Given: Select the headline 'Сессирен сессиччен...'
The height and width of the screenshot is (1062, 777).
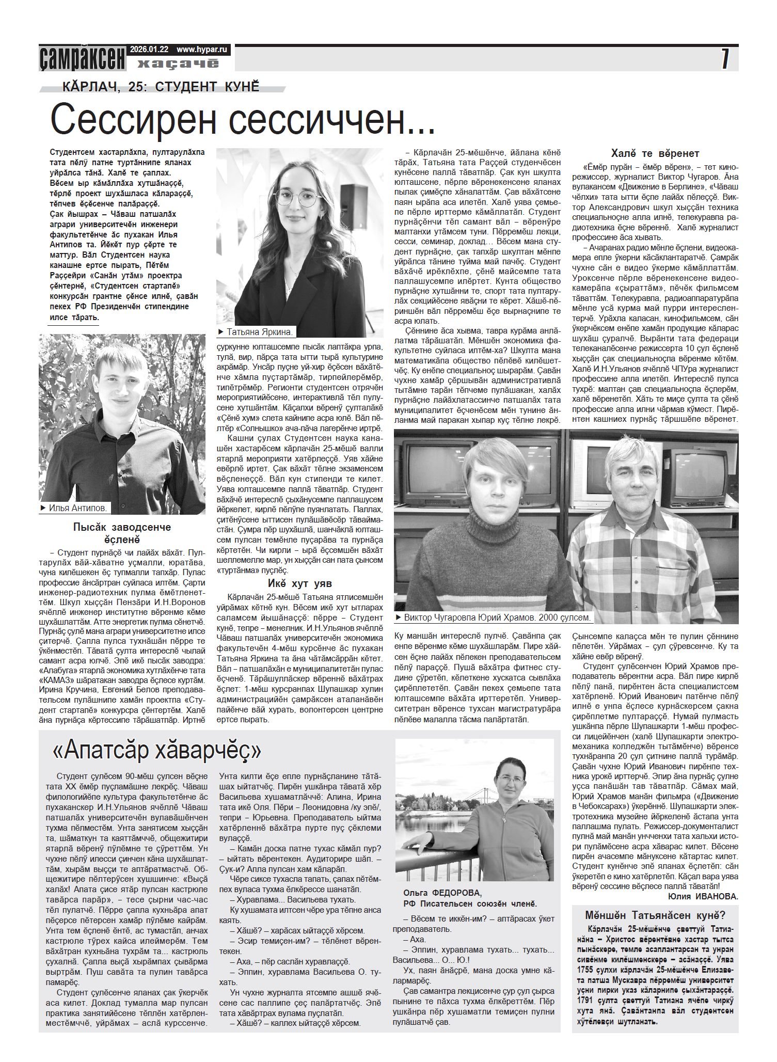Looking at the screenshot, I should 242,120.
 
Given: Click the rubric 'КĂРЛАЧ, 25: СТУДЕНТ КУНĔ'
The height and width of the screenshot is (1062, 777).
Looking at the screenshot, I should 160,86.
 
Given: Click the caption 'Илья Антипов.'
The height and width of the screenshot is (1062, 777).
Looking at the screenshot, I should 77,509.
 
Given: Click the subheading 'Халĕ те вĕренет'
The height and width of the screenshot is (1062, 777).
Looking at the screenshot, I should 655,153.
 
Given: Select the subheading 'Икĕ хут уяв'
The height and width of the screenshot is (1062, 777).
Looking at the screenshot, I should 299,584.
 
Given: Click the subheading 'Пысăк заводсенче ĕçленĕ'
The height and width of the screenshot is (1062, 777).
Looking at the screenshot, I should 121,533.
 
